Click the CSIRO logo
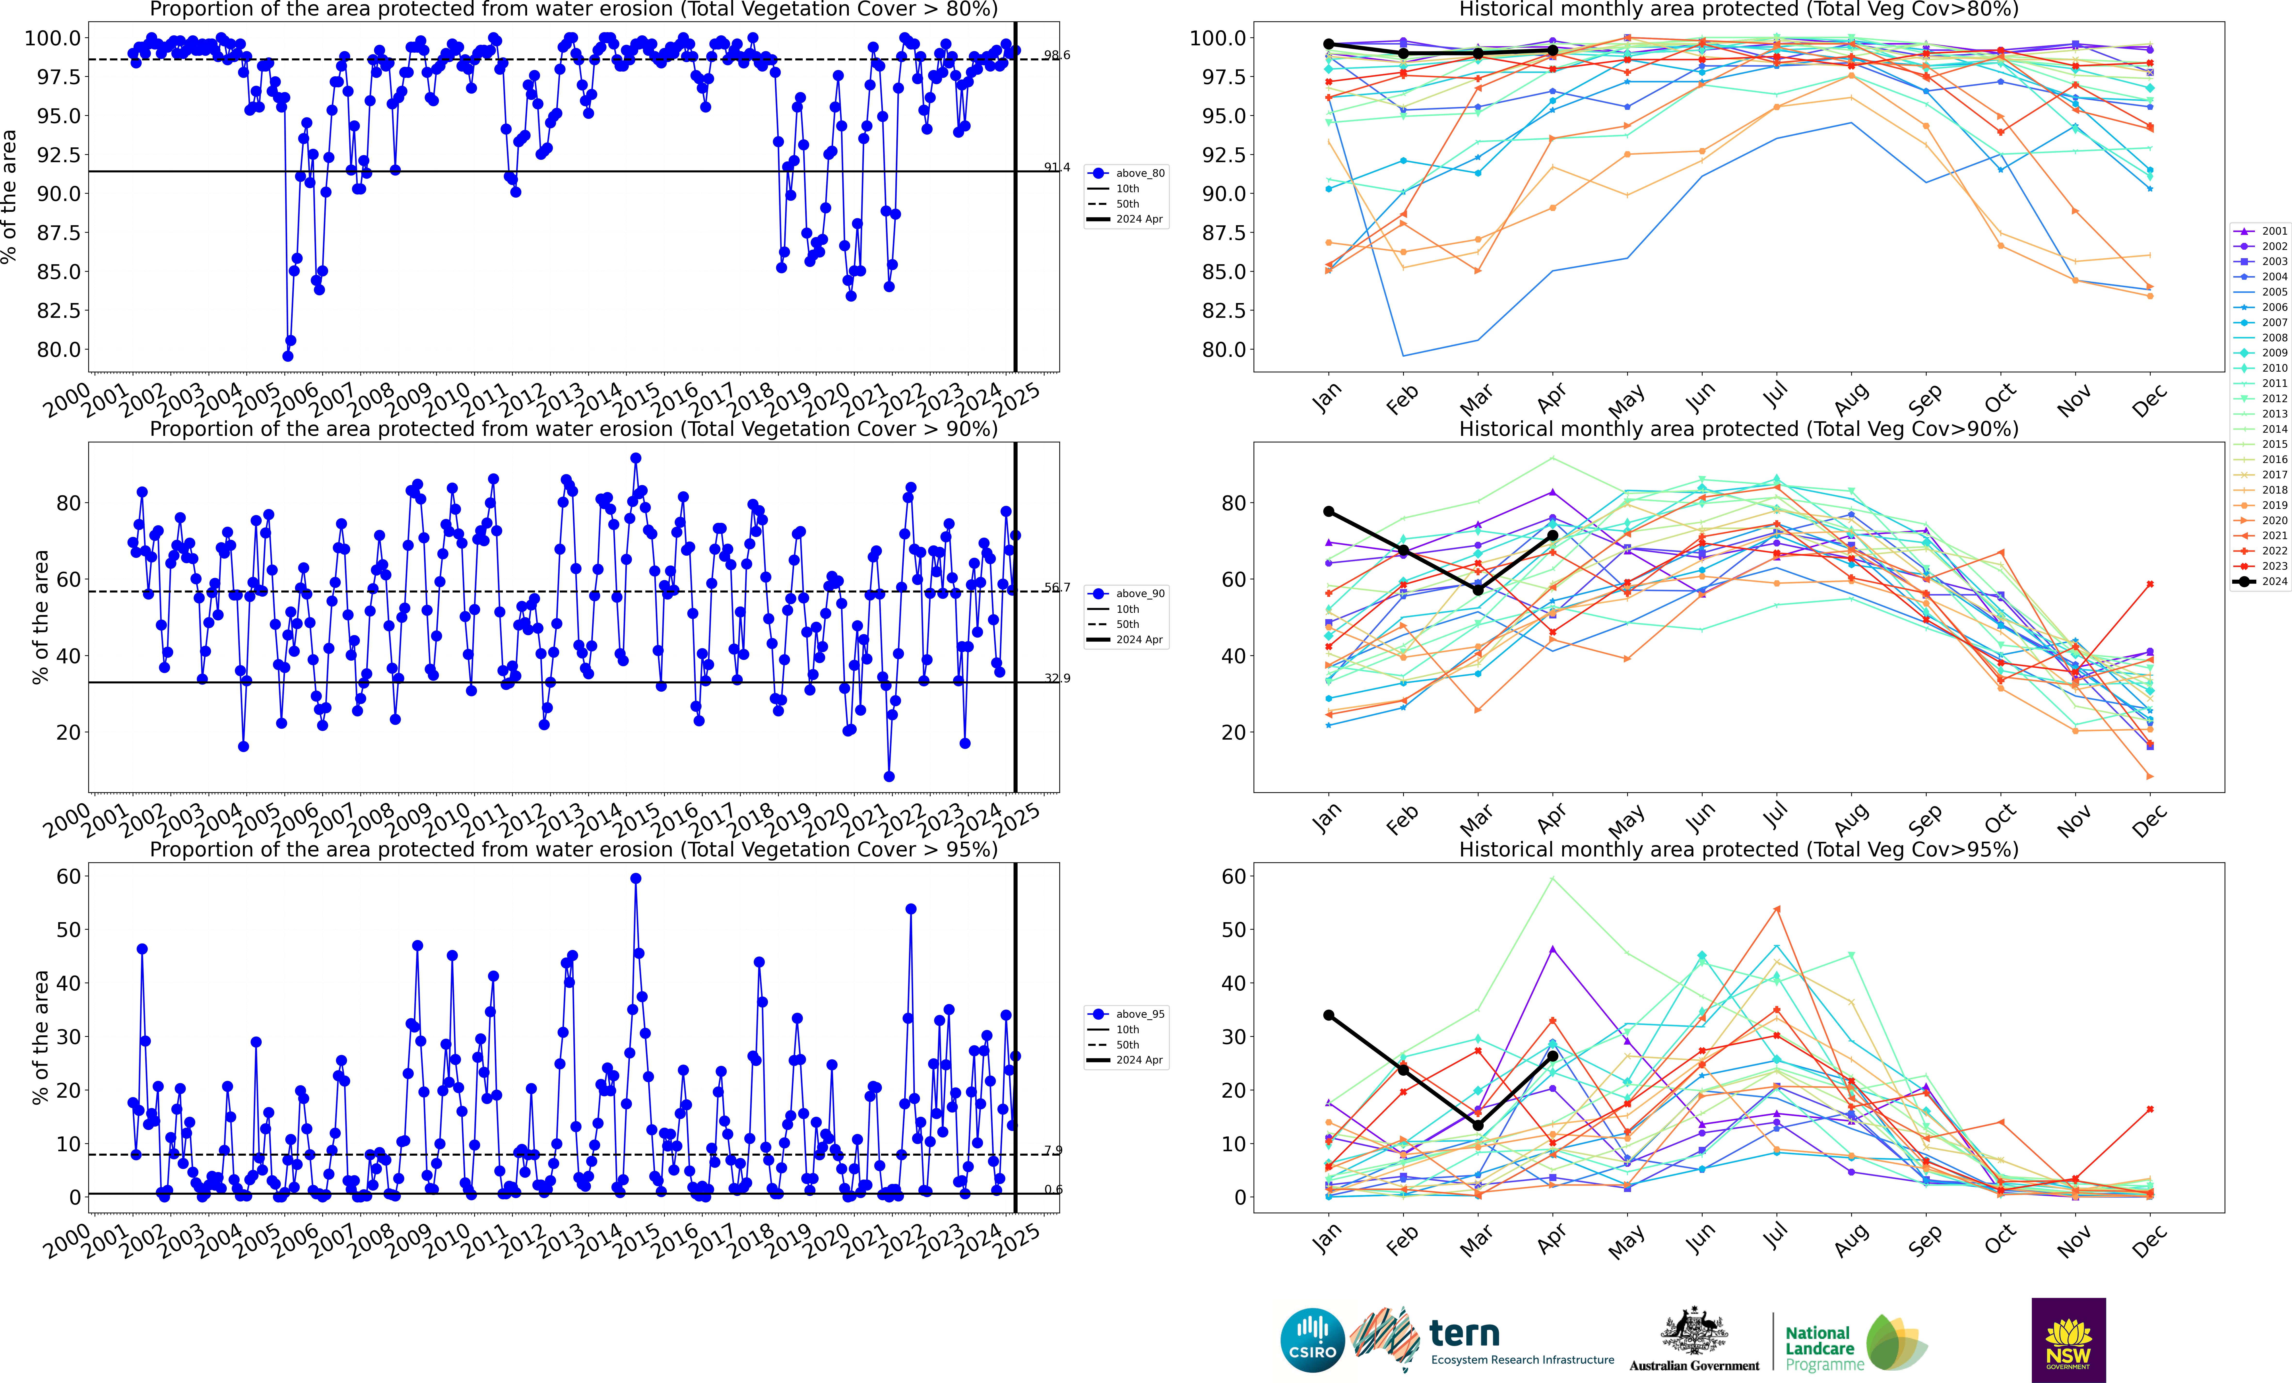click(x=1312, y=1340)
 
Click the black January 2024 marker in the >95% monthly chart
click(x=1328, y=1015)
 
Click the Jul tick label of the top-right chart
click(x=1775, y=397)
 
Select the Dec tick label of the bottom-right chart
click(x=2149, y=1241)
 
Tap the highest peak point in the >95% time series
click(x=635, y=878)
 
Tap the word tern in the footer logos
click(x=1464, y=1334)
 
